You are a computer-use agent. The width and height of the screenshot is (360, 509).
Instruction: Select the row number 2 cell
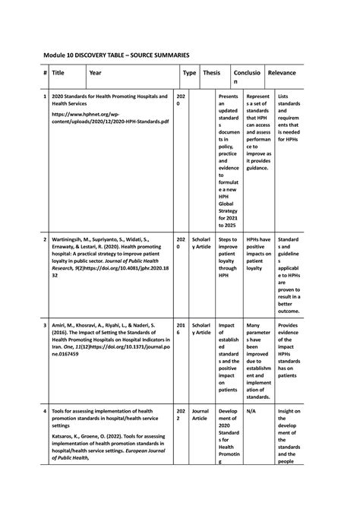[45, 239]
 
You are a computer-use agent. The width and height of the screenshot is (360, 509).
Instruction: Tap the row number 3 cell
[45, 324]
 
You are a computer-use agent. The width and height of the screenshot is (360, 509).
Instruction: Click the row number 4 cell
[45, 411]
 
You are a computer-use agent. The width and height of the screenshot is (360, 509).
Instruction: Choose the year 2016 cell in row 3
[180, 328]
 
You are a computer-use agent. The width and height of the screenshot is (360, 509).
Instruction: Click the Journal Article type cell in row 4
[201, 415]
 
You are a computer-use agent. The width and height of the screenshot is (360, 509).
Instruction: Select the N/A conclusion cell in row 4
[252, 411]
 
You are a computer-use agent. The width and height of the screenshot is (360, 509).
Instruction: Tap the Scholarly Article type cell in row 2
[201, 242]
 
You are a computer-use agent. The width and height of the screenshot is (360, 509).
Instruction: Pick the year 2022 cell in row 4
[180, 415]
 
